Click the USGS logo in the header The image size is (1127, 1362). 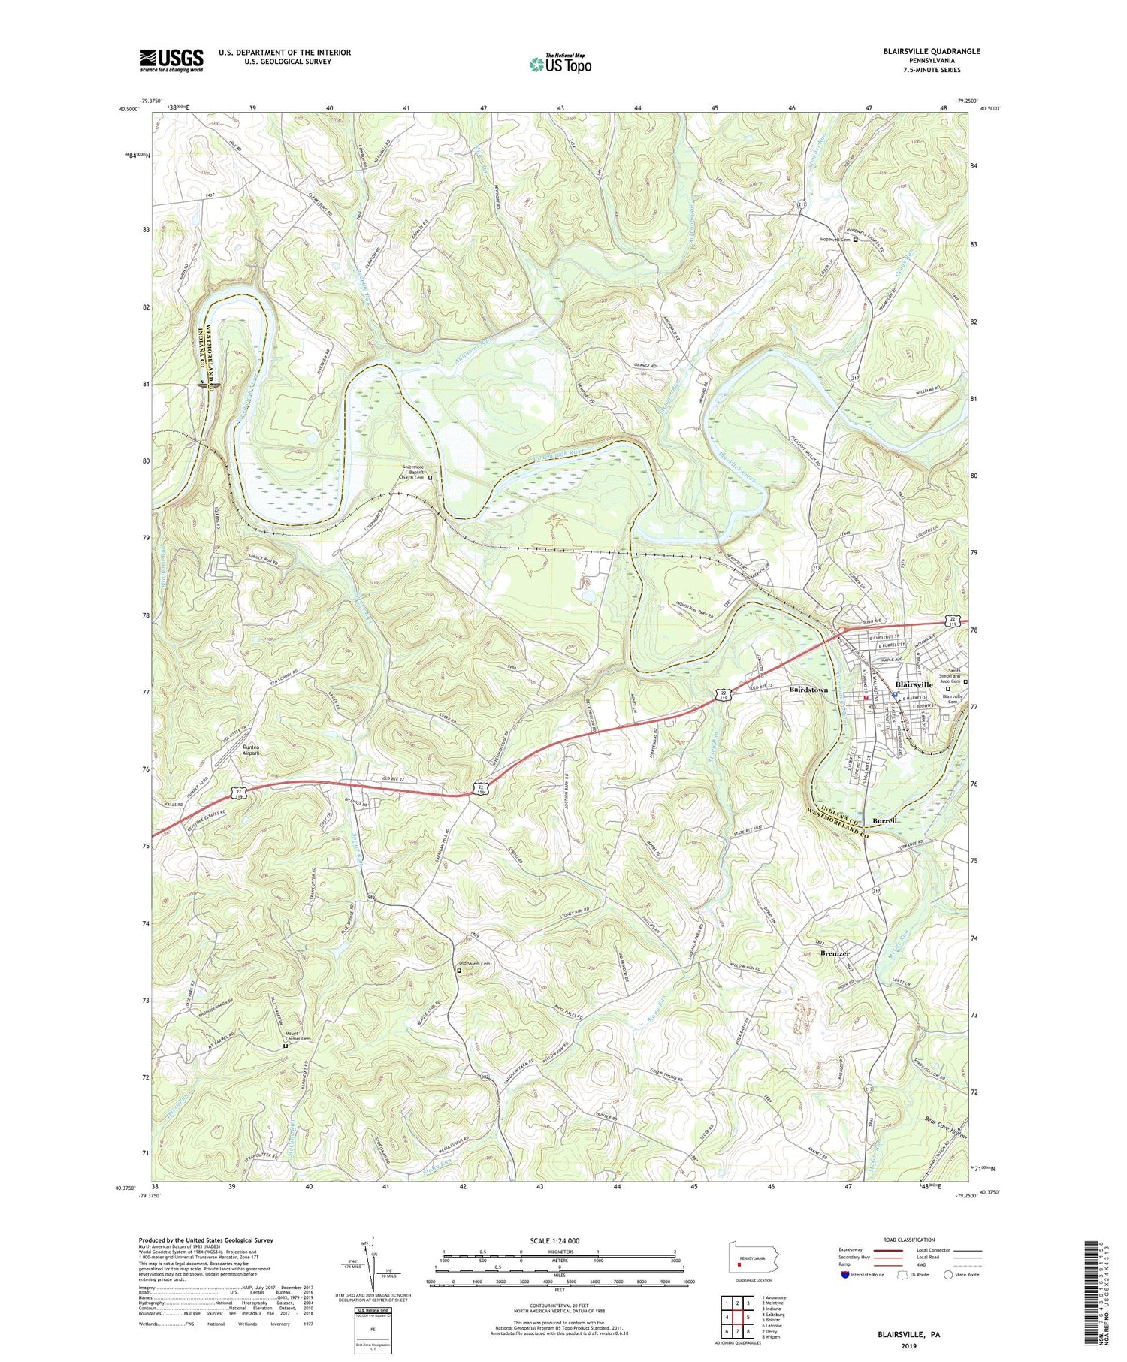[x=171, y=60]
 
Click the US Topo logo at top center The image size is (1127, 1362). [x=560, y=64]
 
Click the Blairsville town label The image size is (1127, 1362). [x=914, y=684]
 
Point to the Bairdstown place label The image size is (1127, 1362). [x=808, y=689]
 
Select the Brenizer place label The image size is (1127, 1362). [x=839, y=953]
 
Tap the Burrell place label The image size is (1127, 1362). [x=885, y=821]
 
